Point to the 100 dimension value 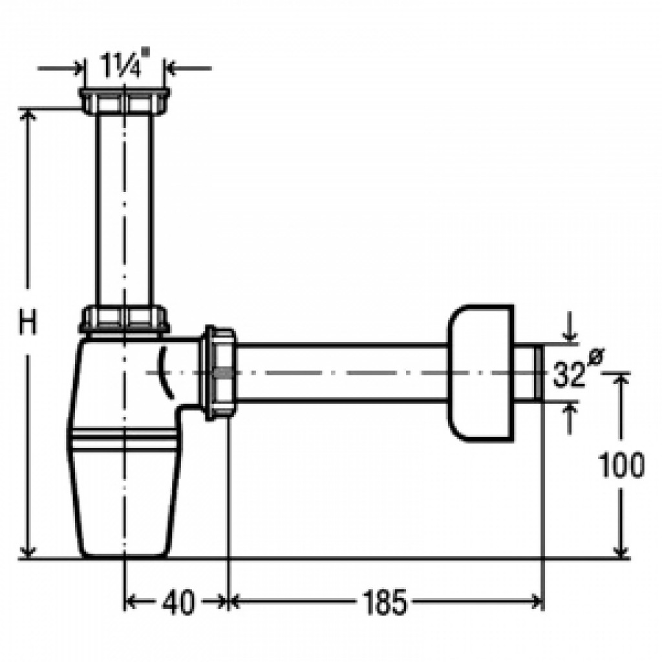(621, 465)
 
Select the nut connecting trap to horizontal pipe (220, 374)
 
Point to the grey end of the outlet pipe (537, 374)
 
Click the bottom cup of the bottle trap (124, 498)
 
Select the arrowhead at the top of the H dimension (27, 115)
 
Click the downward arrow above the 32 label (570, 335)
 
